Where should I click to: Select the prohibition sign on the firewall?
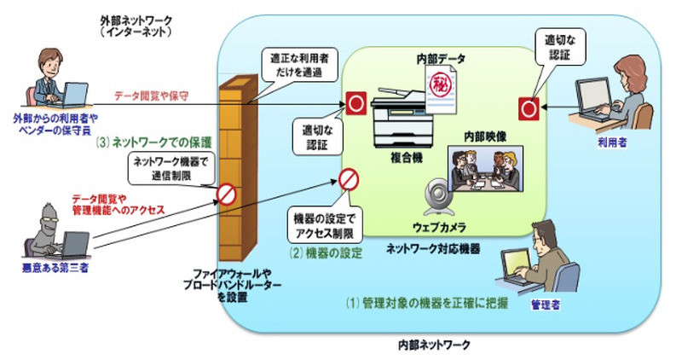click(x=226, y=194)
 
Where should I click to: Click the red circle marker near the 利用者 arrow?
click(x=527, y=107)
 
